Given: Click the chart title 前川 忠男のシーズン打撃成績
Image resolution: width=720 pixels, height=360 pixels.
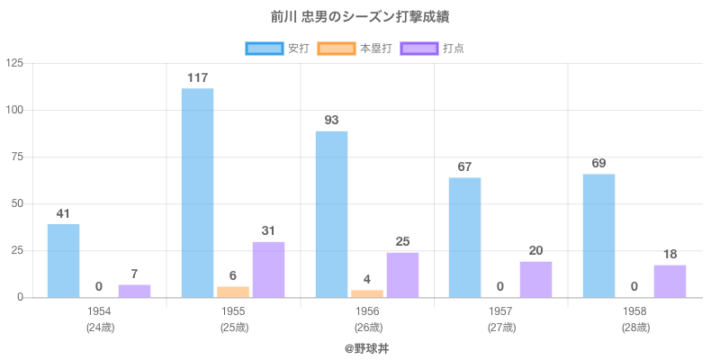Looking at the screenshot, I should [x=359, y=17].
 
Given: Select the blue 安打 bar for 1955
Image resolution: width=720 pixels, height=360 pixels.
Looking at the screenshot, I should [x=197, y=193].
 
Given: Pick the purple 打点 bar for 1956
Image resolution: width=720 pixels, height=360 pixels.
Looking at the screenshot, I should [x=402, y=274].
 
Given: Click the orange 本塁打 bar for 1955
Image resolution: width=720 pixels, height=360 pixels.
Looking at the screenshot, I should [x=233, y=292].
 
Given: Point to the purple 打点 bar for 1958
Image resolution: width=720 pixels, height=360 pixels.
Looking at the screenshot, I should [x=670, y=281].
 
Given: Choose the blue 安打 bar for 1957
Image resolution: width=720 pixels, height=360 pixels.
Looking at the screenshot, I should [x=464, y=237].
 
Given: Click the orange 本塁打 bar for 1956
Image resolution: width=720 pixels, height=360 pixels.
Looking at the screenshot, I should [x=367, y=293].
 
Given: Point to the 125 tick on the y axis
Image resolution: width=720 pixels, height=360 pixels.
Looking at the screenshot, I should [x=14, y=63].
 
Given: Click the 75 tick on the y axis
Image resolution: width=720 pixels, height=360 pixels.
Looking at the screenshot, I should [x=17, y=157].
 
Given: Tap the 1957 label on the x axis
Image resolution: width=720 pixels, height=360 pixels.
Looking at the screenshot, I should [x=501, y=311].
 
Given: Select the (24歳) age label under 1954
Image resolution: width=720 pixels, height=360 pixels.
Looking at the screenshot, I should [x=99, y=327].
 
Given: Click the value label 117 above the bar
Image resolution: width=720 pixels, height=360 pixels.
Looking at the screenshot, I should [x=197, y=78].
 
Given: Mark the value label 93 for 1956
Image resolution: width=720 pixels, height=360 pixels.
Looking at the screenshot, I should [x=331, y=120].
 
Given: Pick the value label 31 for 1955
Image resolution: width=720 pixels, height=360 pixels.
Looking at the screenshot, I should [x=268, y=231].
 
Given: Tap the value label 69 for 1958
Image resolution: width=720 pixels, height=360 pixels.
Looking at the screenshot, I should [x=598, y=163].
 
